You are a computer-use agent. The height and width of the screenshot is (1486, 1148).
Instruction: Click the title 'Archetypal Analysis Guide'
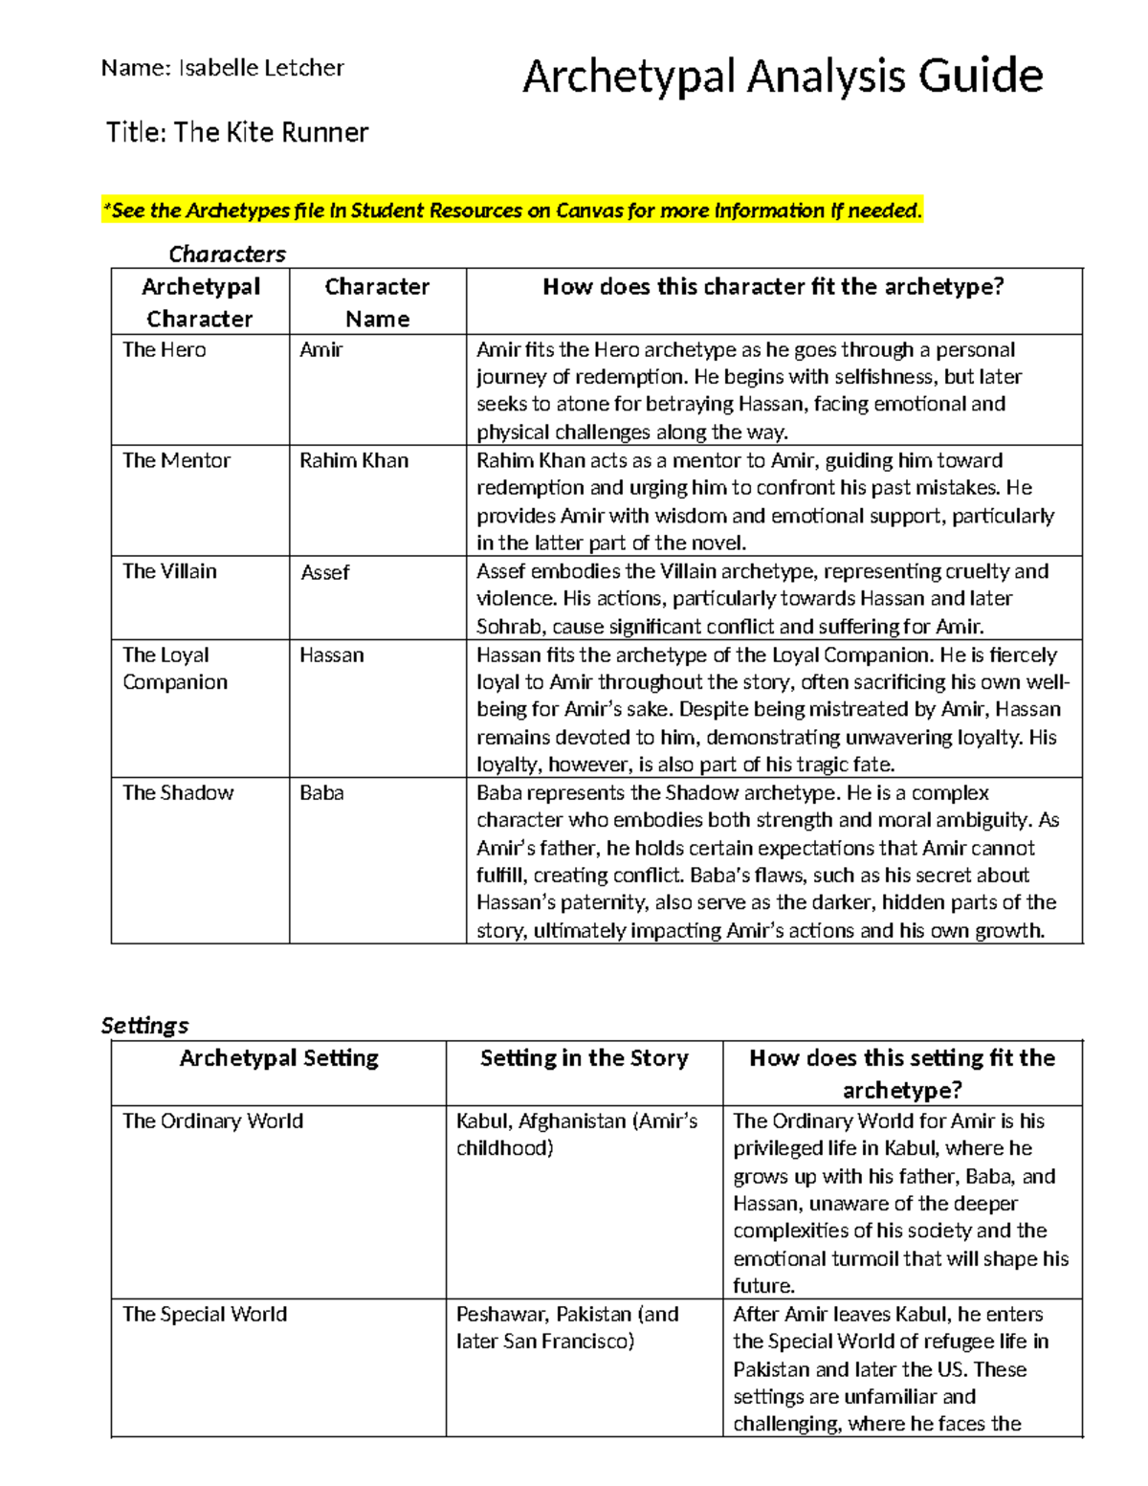pos(782,77)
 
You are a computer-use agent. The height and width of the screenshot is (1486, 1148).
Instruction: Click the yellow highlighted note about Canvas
pos(512,211)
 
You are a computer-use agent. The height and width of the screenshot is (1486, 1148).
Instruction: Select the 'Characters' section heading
pos(227,254)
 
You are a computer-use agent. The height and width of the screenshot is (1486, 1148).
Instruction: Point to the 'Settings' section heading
pos(144,1025)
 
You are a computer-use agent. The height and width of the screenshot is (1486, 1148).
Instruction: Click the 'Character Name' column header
pos(377,302)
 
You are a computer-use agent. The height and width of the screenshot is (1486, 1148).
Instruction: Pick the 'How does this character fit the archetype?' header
pos(773,287)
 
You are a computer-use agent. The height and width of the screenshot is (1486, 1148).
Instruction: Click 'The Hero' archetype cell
pos(165,350)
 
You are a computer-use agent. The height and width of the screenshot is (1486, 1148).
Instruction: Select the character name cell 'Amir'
pos(320,350)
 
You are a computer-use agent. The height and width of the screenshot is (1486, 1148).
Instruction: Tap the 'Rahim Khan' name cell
pos(354,460)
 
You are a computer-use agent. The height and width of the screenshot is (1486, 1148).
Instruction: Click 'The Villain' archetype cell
pos(169,571)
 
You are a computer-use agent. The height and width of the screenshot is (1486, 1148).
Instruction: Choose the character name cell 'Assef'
pos(324,572)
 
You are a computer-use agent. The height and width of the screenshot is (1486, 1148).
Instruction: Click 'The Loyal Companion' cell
pos(175,668)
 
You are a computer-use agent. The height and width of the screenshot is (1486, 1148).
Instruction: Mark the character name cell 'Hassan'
pos(331,655)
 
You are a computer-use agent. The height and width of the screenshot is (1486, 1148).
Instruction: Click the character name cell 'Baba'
pos(321,792)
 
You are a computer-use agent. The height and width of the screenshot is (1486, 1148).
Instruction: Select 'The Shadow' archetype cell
pos(178,792)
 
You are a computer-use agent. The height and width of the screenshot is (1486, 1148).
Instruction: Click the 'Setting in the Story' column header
pos(584,1058)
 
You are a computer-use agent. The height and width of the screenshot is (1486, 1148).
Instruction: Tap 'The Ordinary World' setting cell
pos(212,1120)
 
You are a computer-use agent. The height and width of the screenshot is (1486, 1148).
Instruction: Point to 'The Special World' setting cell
pos(205,1314)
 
